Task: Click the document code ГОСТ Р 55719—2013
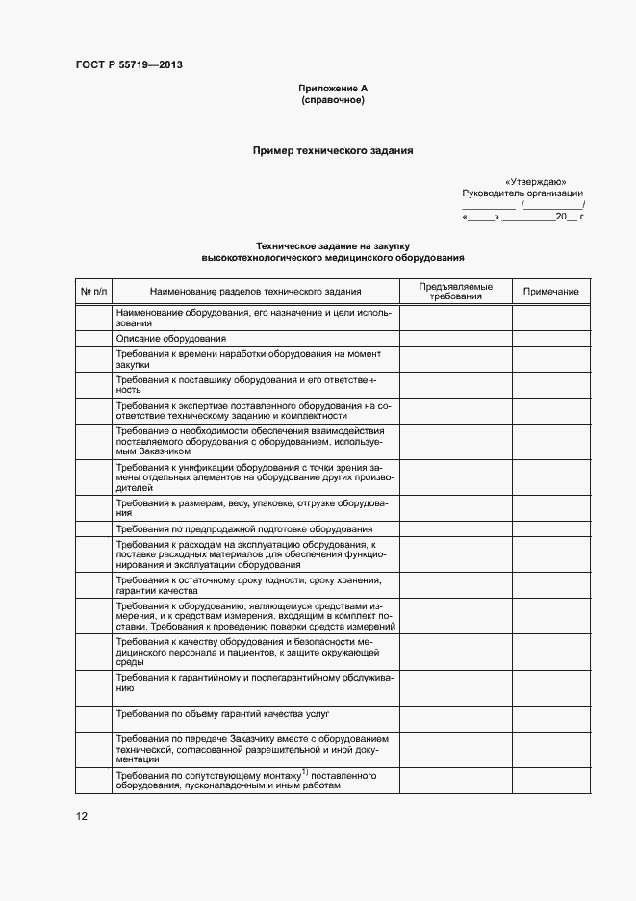[129, 65]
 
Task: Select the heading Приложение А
[333, 89]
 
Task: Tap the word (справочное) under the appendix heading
[333, 100]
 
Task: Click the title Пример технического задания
[333, 150]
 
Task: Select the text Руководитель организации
[522, 193]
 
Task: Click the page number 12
[82, 816]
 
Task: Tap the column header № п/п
[94, 292]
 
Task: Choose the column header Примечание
[551, 292]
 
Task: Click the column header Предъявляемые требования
[455, 292]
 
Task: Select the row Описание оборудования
[170, 339]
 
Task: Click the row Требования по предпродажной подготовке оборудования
[244, 528]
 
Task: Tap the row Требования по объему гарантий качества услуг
[222, 715]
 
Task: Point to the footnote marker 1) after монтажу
[304, 772]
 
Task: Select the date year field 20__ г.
[569, 218]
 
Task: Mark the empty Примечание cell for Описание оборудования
[551, 339]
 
